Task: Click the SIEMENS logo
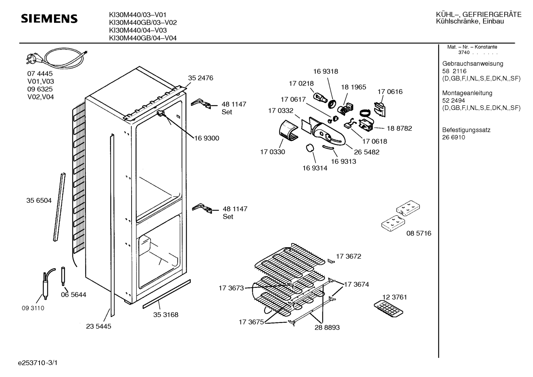(x=49, y=18)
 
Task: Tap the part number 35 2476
(x=201, y=78)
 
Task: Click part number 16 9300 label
(x=207, y=138)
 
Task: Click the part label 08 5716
(x=419, y=233)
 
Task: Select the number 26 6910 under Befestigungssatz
(x=454, y=137)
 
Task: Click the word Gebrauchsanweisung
(x=472, y=64)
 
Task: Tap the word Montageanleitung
(x=467, y=93)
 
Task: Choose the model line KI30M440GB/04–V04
(x=143, y=38)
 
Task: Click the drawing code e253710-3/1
(x=38, y=363)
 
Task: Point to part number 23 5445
(x=99, y=326)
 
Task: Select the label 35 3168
(x=166, y=314)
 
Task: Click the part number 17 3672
(x=349, y=256)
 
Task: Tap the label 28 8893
(x=327, y=327)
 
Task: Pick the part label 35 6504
(x=39, y=201)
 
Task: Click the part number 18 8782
(x=399, y=128)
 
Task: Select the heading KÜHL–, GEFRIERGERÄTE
(x=479, y=14)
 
